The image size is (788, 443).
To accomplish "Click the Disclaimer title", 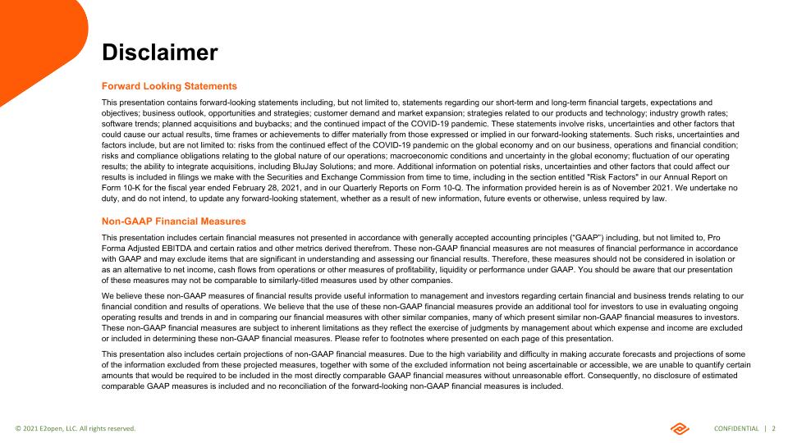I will (159, 53).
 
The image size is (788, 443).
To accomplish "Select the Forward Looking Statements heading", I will (169, 86).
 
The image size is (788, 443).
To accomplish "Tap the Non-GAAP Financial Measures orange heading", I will (173, 221).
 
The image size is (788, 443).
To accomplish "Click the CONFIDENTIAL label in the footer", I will (736, 428).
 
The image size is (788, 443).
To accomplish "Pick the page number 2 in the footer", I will (773, 428).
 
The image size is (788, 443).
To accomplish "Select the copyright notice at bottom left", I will (76, 428).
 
